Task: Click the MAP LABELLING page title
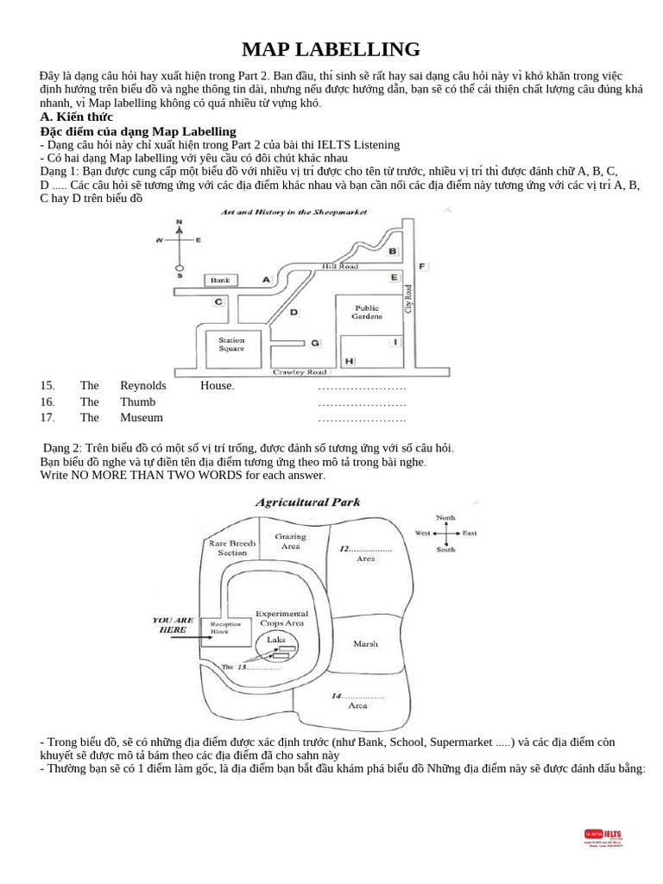tap(331, 49)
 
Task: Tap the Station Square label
tap(231, 344)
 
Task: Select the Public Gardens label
tap(367, 312)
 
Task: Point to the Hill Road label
tap(339, 267)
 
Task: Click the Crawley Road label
tap(300, 372)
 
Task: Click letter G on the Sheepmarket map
tap(315, 343)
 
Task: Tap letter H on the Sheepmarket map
tap(348, 360)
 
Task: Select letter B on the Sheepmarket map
tap(393, 251)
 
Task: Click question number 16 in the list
tap(47, 401)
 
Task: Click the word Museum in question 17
tap(141, 418)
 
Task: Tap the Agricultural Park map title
tap(307, 502)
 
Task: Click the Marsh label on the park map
tap(365, 643)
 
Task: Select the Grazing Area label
tap(290, 541)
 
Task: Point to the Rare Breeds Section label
tap(231, 547)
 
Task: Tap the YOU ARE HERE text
tap(173, 624)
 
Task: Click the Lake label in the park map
tap(275, 640)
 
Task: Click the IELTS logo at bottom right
tap(603, 838)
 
